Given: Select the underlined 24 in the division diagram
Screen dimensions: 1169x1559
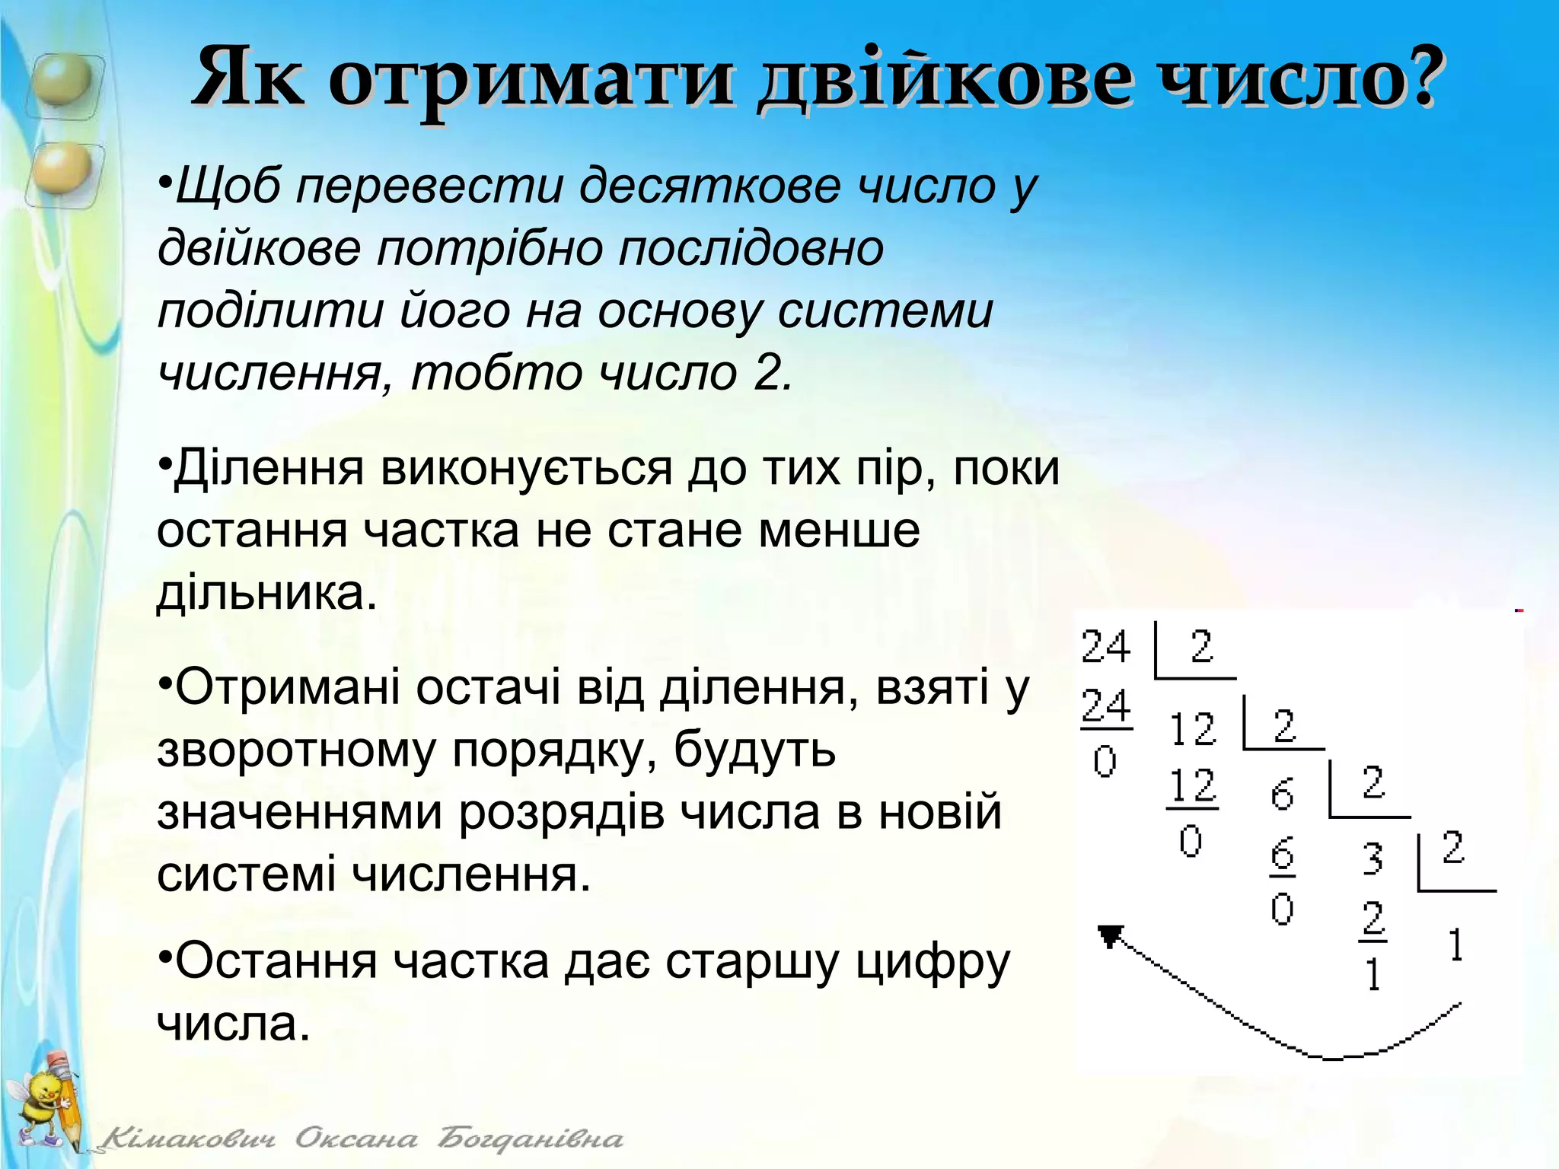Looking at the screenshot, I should click(x=1106, y=706).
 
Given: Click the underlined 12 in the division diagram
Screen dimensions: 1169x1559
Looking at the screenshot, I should click(x=1193, y=786).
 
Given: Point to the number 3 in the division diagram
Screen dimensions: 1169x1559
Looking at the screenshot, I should click(x=1372, y=858).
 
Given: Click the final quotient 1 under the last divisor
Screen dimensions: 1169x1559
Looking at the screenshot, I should click(x=1455, y=946).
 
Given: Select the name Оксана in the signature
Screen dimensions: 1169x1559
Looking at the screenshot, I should click(x=356, y=1139).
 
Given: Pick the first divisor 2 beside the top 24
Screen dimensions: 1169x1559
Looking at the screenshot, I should click(x=1201, y=647).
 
